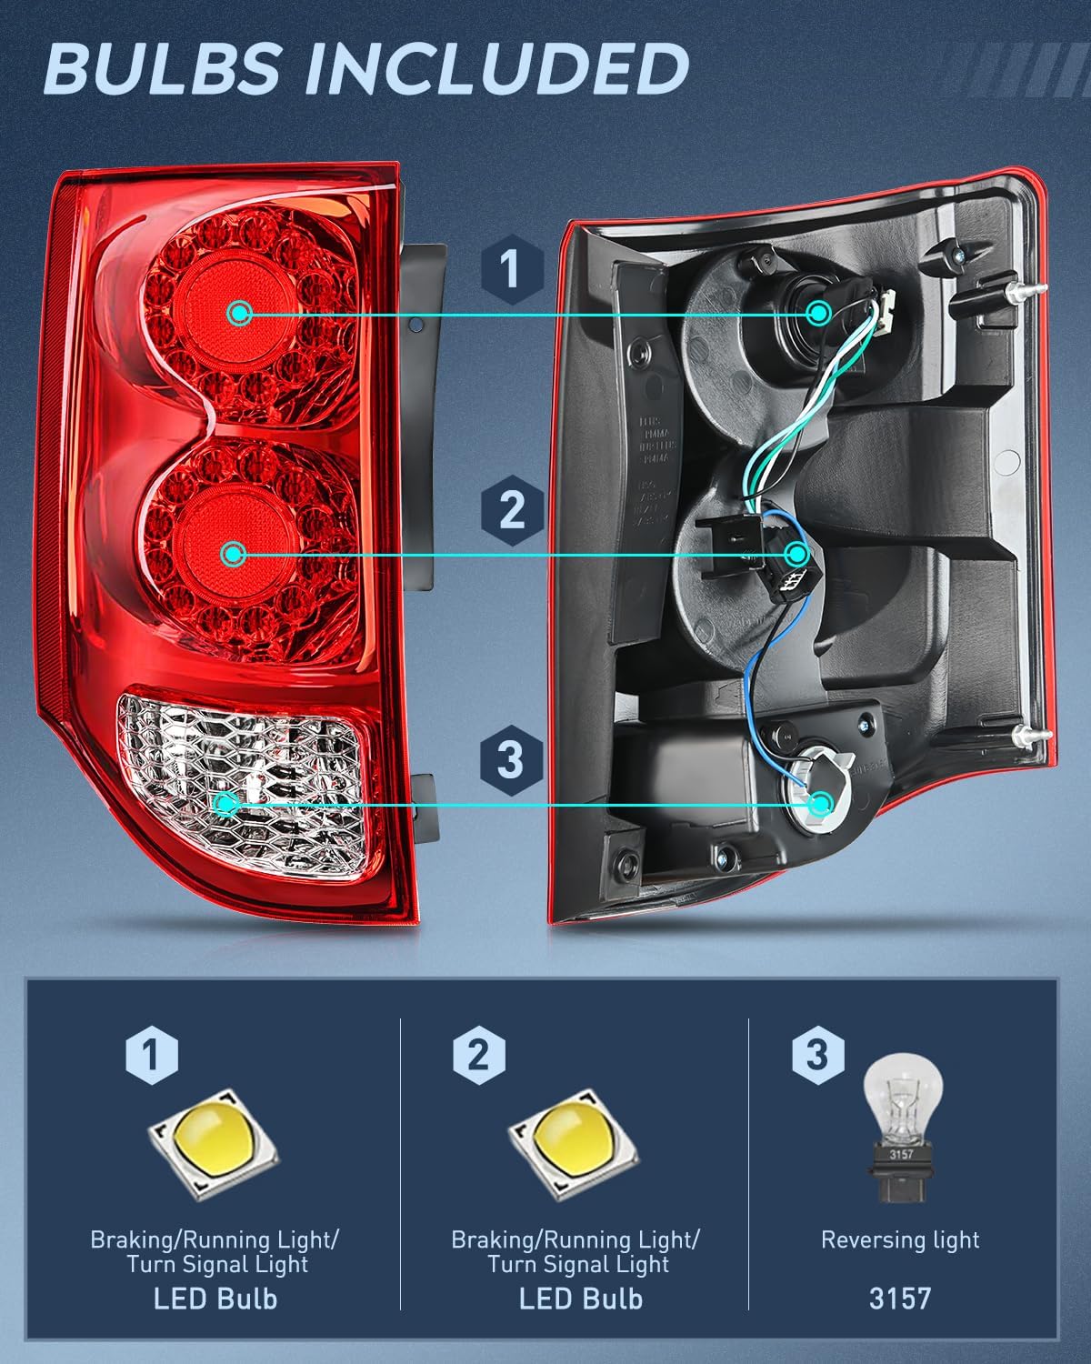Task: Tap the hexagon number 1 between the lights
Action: [x=512, y=269]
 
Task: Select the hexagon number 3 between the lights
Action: [x=512, y=758]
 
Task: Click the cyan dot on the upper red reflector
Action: [x=240, y=314]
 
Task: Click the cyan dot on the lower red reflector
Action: [x=234, y=553]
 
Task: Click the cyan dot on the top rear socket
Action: [x=819, y=313]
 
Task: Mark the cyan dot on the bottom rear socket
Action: [x=821, y=804]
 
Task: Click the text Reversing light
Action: [x=900, y=1240]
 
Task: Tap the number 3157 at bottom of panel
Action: [x=900, y=1299]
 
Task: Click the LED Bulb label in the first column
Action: [x=215, y=1299]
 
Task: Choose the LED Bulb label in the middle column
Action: [x=581, y=1299]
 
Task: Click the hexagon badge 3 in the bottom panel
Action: [x=817, y=1055]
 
